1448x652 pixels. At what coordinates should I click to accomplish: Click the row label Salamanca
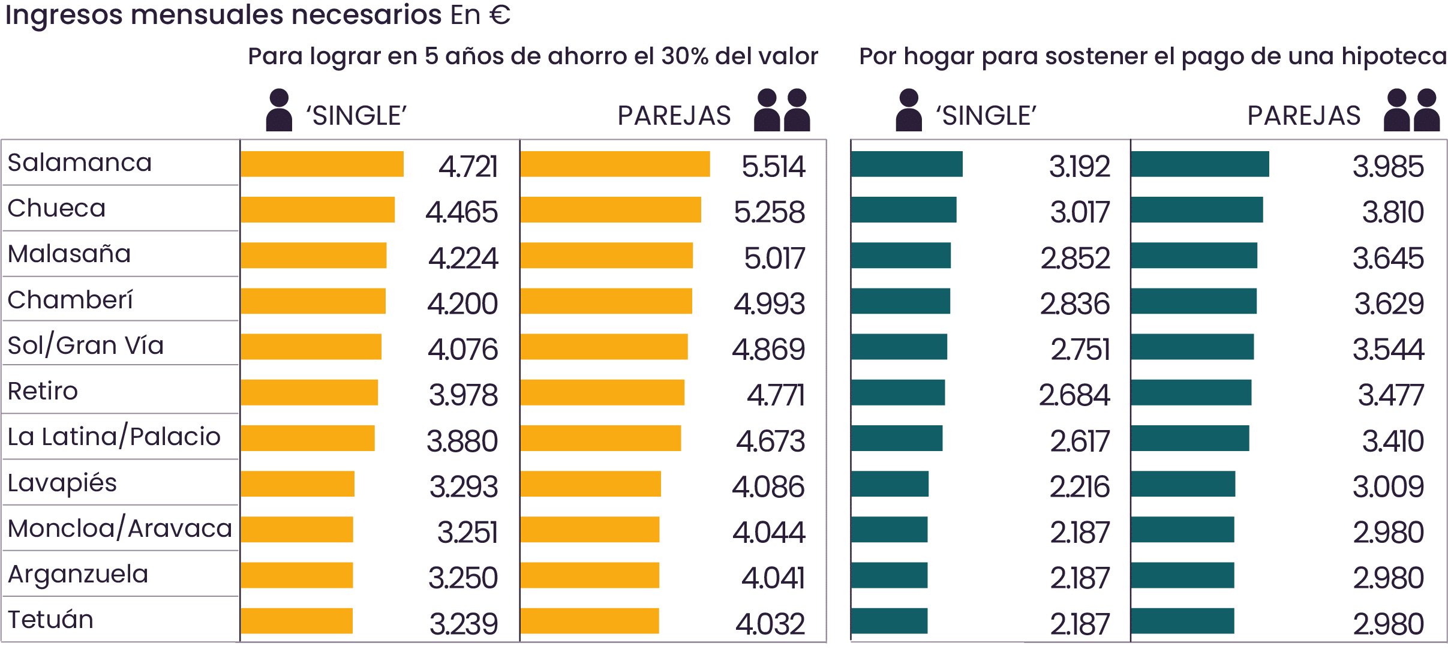point(80,163)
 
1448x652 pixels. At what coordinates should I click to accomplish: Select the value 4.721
point(468,166)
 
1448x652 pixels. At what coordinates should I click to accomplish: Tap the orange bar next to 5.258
point(611,210)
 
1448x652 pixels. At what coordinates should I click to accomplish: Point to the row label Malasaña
point(69,254)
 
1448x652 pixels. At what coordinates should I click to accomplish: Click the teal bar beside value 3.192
point(906,164)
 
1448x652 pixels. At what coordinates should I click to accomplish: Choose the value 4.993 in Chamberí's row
point(769,304)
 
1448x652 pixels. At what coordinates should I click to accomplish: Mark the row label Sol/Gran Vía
point(85,345)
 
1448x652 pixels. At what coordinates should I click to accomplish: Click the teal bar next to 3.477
point(1191,393)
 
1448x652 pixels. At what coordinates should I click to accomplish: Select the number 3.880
point(462,441)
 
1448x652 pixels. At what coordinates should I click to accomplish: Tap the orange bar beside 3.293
point(298,484)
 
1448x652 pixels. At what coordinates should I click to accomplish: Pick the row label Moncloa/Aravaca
point(119,528)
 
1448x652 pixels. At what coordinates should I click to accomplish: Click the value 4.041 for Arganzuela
point(773,578)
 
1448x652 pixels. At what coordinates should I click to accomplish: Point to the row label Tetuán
point(51,620)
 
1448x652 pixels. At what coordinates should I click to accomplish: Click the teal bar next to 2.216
point(890,484)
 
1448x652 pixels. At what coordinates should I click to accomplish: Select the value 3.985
point(1387,166)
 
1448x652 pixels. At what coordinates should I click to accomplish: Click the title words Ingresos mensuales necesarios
point(224,15)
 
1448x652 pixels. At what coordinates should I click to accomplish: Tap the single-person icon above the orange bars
point(279,110)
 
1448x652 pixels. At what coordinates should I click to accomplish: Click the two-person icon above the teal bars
point(1411,110)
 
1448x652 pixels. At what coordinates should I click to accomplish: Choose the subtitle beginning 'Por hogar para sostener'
point(1152,56)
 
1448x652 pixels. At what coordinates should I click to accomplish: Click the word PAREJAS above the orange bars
point(674,116)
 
